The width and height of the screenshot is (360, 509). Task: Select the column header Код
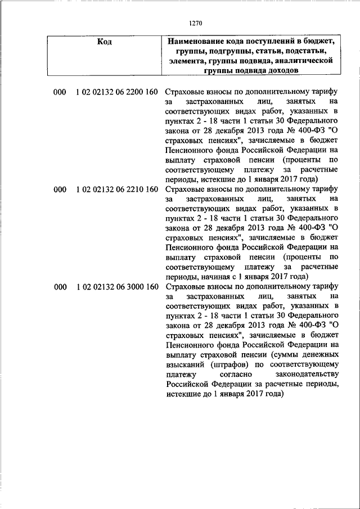(x=105, y=42)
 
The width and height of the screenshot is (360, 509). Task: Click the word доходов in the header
(x=282, y=70)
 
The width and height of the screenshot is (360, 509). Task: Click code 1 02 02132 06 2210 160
(x=116, y=190)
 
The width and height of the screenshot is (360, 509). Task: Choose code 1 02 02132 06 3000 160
(x=116, y=287)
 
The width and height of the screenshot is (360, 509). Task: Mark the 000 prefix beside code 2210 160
(x=60, y=190)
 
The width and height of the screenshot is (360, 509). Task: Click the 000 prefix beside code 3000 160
(x=60, y=287)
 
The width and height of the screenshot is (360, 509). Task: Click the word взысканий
(x=188, y=364)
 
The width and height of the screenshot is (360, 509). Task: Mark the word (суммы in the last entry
(x=284, y=355)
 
